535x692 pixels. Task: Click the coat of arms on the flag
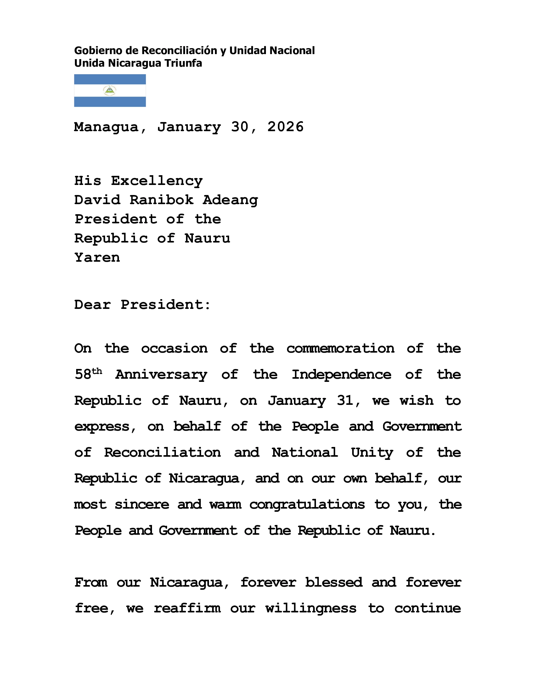tap(110, 91)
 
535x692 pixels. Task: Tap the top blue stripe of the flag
tap(110, 79)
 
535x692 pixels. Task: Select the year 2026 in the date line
tap(285, 127)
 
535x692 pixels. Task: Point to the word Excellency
tap(157, 181)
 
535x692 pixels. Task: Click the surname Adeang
tap(230, 200)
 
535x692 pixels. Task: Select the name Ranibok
tap(161, 200)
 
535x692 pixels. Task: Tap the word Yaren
tap(97, 257)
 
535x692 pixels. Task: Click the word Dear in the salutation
tap(92, 305)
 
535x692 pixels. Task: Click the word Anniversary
tap(161, 375)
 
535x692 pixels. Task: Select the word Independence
tap(341, 375)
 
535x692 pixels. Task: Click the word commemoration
tap(341, 349)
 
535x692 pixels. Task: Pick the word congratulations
tap(307, 505)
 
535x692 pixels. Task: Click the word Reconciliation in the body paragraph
tap(162, 452)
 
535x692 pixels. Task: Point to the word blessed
tap(334, 582)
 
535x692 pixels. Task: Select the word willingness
tap(311, 608)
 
